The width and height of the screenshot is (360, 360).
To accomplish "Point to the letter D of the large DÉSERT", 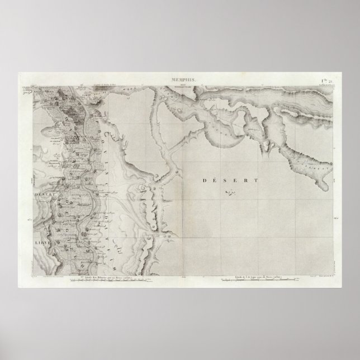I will pos(201,181).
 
